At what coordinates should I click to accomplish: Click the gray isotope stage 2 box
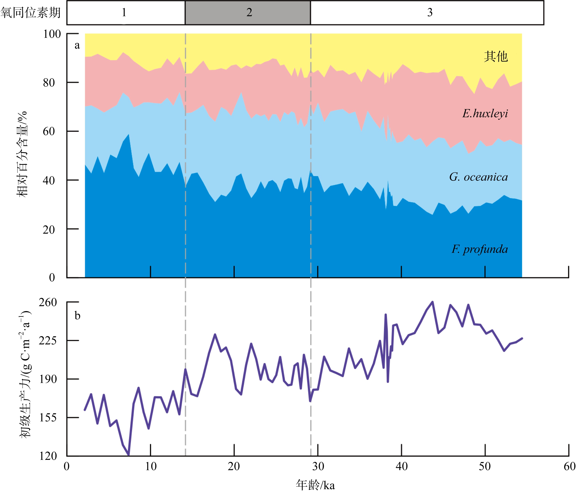pos(248,12)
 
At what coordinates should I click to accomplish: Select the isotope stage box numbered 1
pos(126,12)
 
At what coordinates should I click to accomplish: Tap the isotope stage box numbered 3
pos(427,12)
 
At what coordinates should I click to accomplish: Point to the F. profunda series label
pos(480,249)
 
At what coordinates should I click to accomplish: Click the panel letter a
pos(77,45)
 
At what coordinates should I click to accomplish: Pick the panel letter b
pos(77,316)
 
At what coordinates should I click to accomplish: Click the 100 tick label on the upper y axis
pos(52,34)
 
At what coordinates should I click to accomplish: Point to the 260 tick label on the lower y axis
pos(48,302)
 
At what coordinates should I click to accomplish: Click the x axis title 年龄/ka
pos(315,485)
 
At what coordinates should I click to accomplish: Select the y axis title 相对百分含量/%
pos(22,154)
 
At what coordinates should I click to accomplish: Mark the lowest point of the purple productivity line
pos(128,455)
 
